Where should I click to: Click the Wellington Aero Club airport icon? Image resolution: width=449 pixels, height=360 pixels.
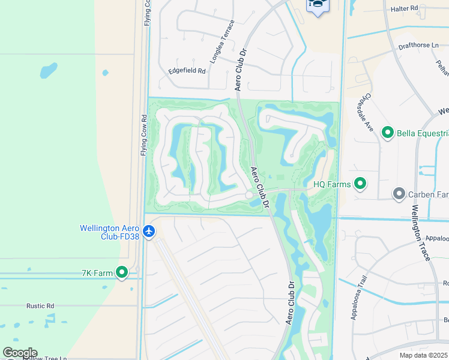tap(149, 230)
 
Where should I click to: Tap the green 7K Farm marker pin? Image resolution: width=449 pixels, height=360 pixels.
tap(122, 273)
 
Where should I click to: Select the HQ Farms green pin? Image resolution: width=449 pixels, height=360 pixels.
tap(360, 184)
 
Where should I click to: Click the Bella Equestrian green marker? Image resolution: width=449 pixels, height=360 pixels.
tap(388, 133)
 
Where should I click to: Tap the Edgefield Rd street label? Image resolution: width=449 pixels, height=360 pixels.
tap(187, 70)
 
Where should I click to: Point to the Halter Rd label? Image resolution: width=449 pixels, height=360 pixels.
tap(404, 8)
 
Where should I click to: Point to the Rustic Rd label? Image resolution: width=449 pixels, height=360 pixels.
tap(40, 305)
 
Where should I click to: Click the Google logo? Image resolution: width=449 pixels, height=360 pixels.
tap(20, 353)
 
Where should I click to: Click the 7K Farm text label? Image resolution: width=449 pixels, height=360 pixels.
tap(97, 274)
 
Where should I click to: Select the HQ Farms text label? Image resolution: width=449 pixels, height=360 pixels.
tap(331, 184)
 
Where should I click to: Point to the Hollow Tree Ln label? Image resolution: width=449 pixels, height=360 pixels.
tap(45, 358)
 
